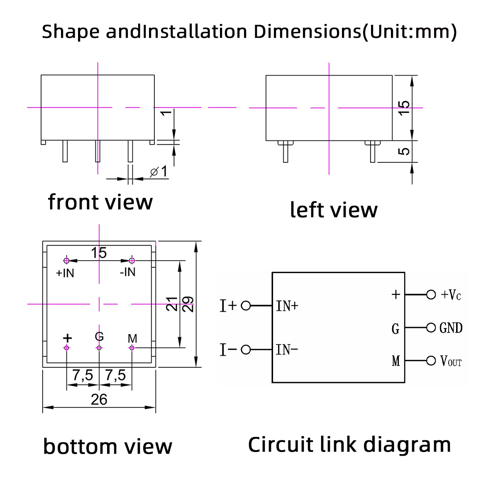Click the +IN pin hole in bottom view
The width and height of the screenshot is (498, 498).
point(66,261)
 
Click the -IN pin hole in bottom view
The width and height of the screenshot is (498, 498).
point(132,261)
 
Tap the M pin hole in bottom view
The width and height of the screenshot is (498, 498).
point(132,348)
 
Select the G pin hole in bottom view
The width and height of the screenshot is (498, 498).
point(99,348)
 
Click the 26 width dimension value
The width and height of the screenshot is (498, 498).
point(99,400)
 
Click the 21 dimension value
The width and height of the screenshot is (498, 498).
point(172,304)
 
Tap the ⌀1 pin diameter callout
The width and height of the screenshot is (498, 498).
point(159,171)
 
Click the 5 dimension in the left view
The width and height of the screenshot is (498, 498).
point(404,151)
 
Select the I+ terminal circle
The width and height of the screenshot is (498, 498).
point(246,306)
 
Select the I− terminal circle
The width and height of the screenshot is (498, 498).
point(246,350)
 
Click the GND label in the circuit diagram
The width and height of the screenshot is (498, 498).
point(451,328)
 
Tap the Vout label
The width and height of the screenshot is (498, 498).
point(451,361)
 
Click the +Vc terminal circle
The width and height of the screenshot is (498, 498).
point(431,295)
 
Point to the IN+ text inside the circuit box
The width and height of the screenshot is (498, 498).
point(287,306)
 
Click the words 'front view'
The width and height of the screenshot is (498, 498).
point(100,202)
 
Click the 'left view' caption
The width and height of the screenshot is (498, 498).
point(334,210)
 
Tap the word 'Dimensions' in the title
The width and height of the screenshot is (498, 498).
point(308,32)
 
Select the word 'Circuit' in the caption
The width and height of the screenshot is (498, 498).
point(281,444)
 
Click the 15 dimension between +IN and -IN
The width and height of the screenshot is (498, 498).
point(99,252)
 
